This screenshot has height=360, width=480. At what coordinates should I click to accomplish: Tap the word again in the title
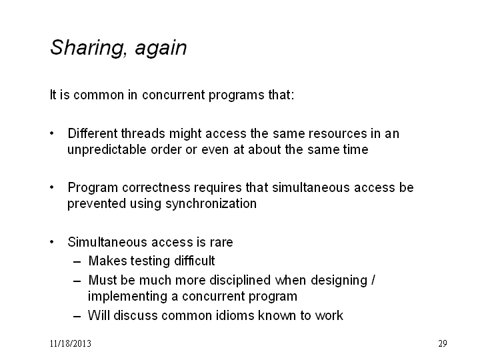coord(161,49)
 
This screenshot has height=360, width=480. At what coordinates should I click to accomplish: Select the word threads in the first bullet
coord(143,133)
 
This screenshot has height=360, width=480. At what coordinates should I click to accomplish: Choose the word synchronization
coord(211,204)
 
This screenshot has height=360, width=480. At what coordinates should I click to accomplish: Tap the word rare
coord(221,243)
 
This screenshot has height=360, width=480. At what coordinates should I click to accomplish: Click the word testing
coord(150,261)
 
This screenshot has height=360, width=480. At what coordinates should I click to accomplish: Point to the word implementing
coord(127,297)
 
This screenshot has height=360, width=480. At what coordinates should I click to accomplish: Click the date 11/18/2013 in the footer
coord(71,343)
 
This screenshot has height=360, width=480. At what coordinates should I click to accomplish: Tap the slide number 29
coord(443,343)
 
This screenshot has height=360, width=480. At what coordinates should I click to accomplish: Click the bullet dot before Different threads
coord(52,133)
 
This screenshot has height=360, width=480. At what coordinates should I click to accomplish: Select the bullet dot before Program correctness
coord(52,187)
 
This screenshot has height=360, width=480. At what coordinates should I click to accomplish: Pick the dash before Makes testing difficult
coord(77,262)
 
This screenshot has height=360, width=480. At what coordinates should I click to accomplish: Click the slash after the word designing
coord(373,280)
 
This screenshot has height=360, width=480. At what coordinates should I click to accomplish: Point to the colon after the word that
coord(293,95)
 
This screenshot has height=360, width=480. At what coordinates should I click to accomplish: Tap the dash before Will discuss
coord(77,317)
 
